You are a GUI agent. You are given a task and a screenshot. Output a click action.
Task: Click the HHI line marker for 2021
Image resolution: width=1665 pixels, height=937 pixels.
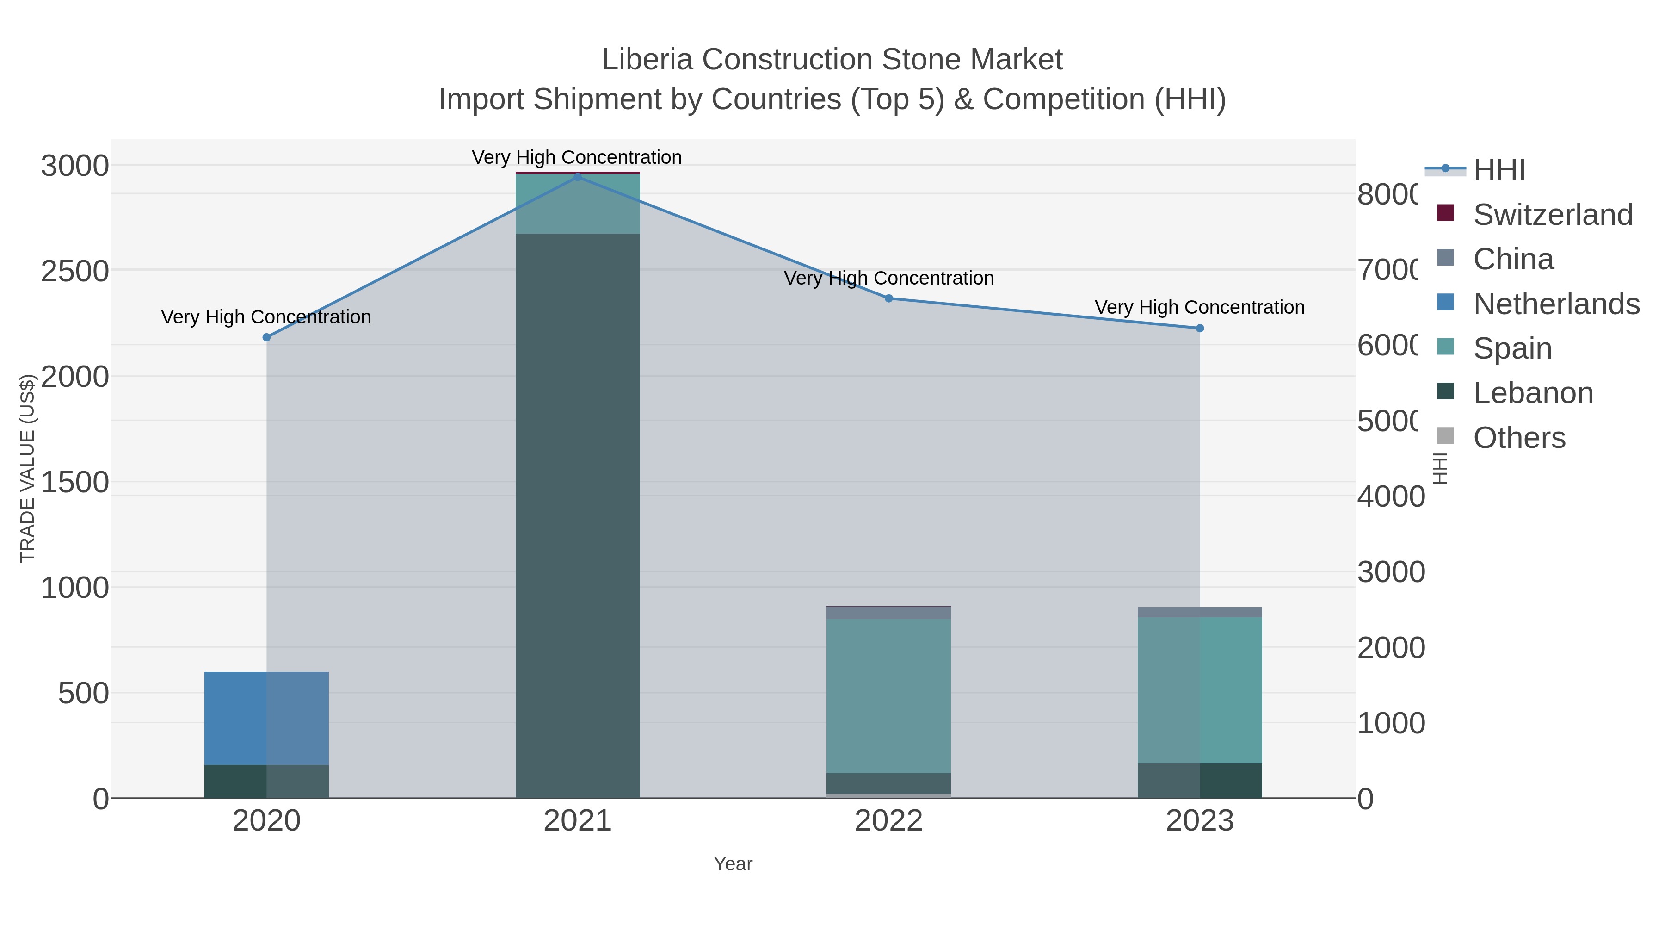point(577,177)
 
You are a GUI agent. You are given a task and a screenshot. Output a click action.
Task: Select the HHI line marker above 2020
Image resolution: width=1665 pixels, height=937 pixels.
point(266,337)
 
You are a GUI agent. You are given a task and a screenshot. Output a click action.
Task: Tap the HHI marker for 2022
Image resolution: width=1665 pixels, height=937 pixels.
point(889,298)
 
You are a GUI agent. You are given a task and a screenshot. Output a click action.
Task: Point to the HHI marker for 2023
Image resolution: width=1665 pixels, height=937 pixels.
point(1200,328)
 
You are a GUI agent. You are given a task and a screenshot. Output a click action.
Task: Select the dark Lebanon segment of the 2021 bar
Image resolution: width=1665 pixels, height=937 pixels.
point(577,517)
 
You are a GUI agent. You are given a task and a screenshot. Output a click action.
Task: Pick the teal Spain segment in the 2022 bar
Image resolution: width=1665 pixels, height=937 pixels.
point(889,695)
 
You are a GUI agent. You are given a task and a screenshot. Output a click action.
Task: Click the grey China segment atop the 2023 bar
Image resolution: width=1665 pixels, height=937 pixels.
point(1200,612)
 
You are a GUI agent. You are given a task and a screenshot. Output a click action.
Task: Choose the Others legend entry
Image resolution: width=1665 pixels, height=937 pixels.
point(1519,438)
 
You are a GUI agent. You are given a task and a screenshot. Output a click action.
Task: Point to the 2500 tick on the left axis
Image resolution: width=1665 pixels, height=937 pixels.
point(74,271)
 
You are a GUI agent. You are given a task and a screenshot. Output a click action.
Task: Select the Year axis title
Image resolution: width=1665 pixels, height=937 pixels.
point(733,864)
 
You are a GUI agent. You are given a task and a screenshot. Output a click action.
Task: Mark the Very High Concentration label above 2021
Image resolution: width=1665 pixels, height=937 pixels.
point(577,157)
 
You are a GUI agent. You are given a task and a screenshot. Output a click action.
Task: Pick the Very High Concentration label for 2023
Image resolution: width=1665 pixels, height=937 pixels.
point(1200,307)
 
